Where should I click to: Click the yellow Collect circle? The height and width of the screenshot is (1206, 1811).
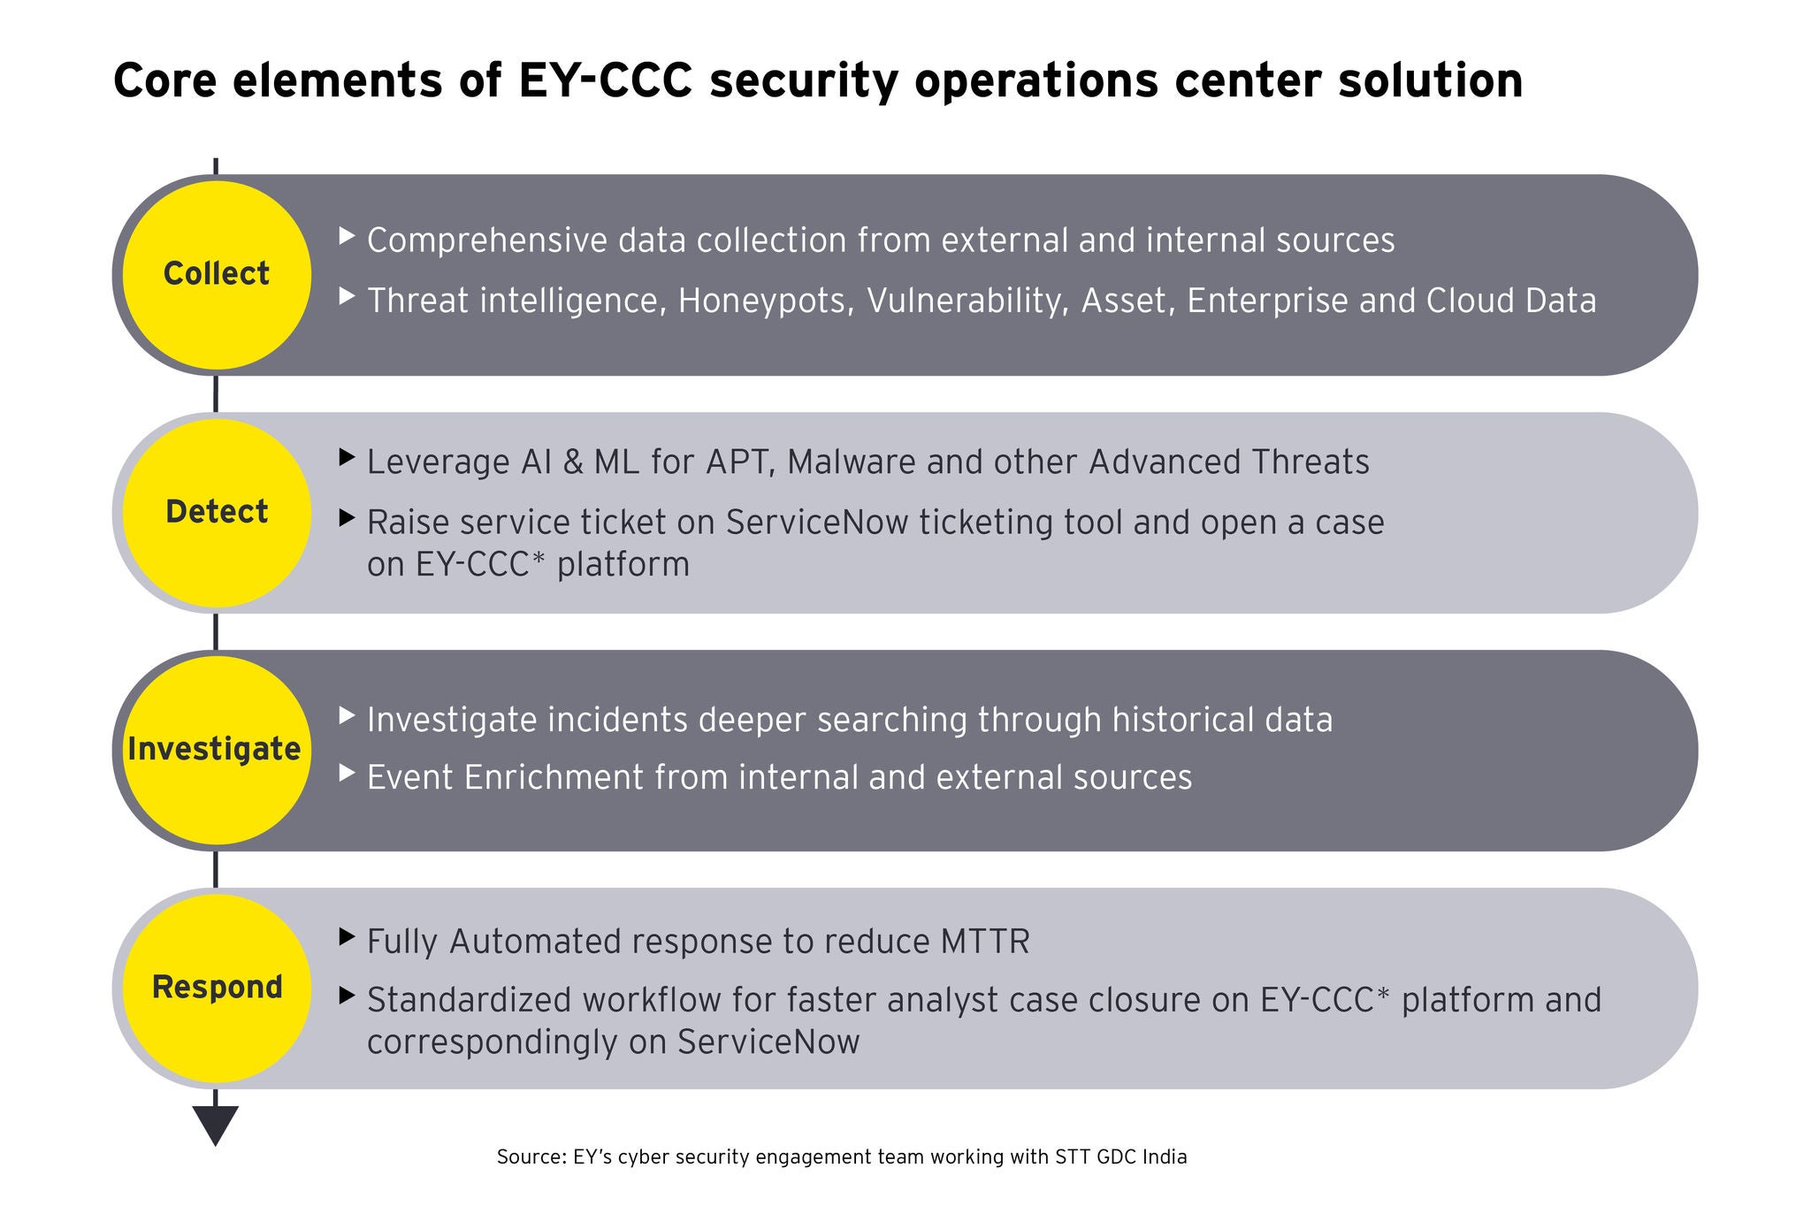[x=216, y=275]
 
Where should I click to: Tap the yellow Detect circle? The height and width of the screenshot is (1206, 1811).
[x=216, y=513]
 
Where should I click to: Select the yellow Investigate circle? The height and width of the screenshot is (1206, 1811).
[x=216, y=750]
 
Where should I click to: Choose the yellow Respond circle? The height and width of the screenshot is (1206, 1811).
[x=216, y=988]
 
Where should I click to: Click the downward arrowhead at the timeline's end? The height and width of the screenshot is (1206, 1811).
[x=216, y=1126]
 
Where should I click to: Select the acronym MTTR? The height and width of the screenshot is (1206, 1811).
[x=981, y=943]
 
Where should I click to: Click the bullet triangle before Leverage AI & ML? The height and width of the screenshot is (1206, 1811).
[x=348, y=457]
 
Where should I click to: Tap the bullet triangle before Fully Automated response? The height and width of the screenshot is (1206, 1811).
[x=348, y=936]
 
